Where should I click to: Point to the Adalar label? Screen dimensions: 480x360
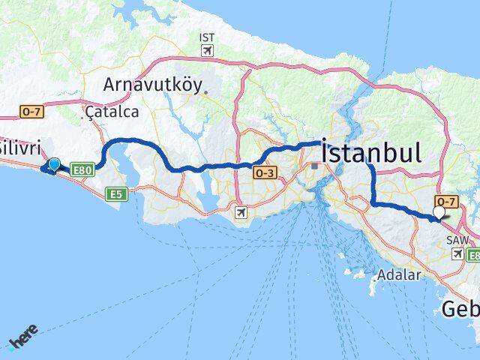pos(399,274)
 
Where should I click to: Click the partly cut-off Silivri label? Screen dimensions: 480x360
pos(19,145)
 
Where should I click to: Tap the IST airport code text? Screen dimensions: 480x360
pos(206,37)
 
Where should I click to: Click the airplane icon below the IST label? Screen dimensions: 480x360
pos(206,51)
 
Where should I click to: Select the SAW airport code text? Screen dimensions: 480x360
pos(457,241)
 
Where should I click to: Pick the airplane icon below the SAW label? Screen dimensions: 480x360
pos(457,254)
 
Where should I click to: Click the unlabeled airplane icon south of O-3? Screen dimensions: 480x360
pos(240,213)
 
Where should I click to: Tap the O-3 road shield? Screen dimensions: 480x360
pos(263,173)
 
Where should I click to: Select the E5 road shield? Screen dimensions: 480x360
pos(115,194)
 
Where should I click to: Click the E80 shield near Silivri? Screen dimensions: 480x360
pos(82,171)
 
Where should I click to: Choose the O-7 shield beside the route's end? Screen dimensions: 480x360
pos(446,202)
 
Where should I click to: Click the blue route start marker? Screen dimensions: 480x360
pos(54,164)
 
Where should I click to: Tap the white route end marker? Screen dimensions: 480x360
pos(439,213)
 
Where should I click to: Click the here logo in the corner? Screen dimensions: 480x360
pos(22,340)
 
